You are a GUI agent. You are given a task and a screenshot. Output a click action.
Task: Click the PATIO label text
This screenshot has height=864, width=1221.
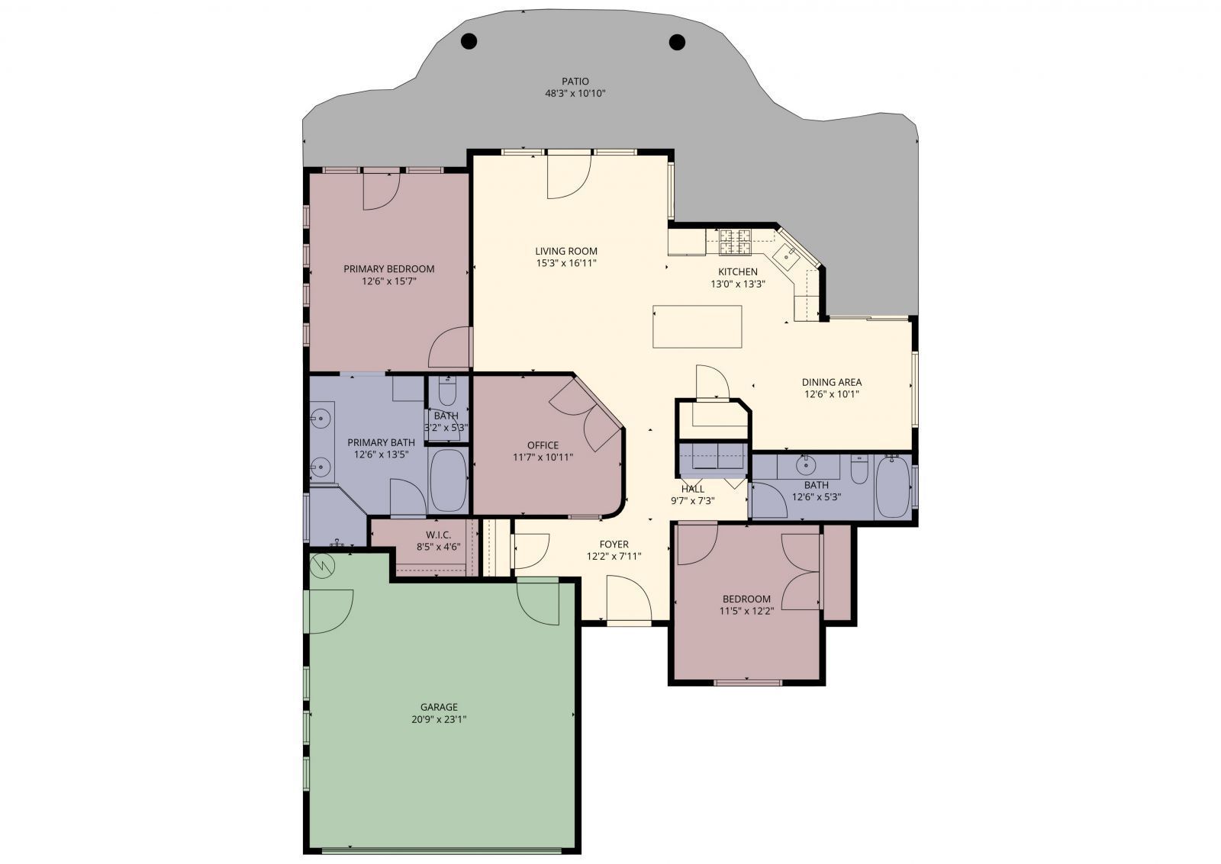575,82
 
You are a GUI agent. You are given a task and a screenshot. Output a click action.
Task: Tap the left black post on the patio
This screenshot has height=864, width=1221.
469,41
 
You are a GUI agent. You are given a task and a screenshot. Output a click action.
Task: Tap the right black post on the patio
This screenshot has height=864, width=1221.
677,41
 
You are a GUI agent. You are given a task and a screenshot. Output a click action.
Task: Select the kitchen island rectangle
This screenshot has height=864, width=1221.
697,326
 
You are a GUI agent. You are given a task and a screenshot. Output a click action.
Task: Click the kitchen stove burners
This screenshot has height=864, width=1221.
736,242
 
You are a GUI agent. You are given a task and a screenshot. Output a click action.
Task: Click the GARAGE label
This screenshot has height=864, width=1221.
439,707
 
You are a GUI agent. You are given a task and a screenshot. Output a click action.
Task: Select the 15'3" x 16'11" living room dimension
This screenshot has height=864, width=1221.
566,263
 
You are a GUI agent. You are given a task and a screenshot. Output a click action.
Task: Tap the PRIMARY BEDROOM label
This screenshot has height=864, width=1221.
388,268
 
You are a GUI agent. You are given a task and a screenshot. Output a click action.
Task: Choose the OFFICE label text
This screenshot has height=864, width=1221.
543,445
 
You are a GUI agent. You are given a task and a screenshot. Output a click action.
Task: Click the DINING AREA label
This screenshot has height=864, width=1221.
832,382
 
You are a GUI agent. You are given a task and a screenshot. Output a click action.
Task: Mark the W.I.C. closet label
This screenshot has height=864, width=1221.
439,535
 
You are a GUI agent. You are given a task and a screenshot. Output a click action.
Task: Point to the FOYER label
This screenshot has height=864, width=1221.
614,544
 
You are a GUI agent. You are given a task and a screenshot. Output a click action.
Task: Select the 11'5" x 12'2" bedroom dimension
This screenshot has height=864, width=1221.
747,611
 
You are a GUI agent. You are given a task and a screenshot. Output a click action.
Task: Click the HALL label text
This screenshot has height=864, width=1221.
693,489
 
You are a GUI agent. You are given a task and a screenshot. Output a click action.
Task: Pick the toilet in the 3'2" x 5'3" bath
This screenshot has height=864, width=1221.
447,391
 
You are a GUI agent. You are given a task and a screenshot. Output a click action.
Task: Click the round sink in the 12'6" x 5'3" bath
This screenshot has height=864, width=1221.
805,465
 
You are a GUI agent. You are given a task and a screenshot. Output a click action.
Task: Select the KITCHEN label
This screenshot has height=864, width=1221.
737,271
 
